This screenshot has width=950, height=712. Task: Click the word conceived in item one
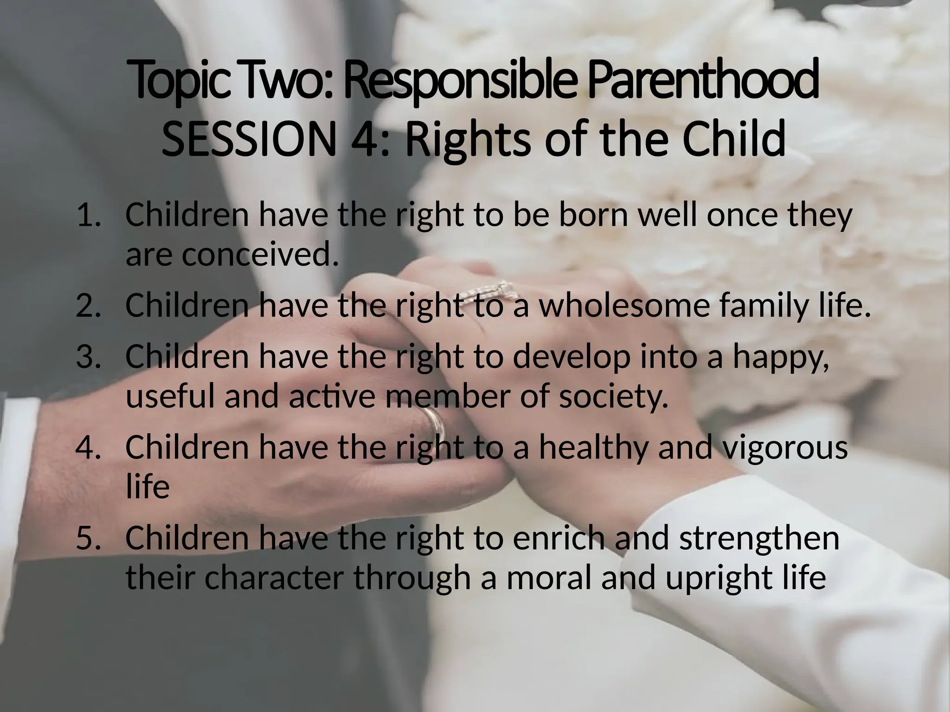click(258, 255)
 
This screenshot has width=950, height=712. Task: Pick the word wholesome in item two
click(623, 306)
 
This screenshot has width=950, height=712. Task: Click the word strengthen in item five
click(759, 539)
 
